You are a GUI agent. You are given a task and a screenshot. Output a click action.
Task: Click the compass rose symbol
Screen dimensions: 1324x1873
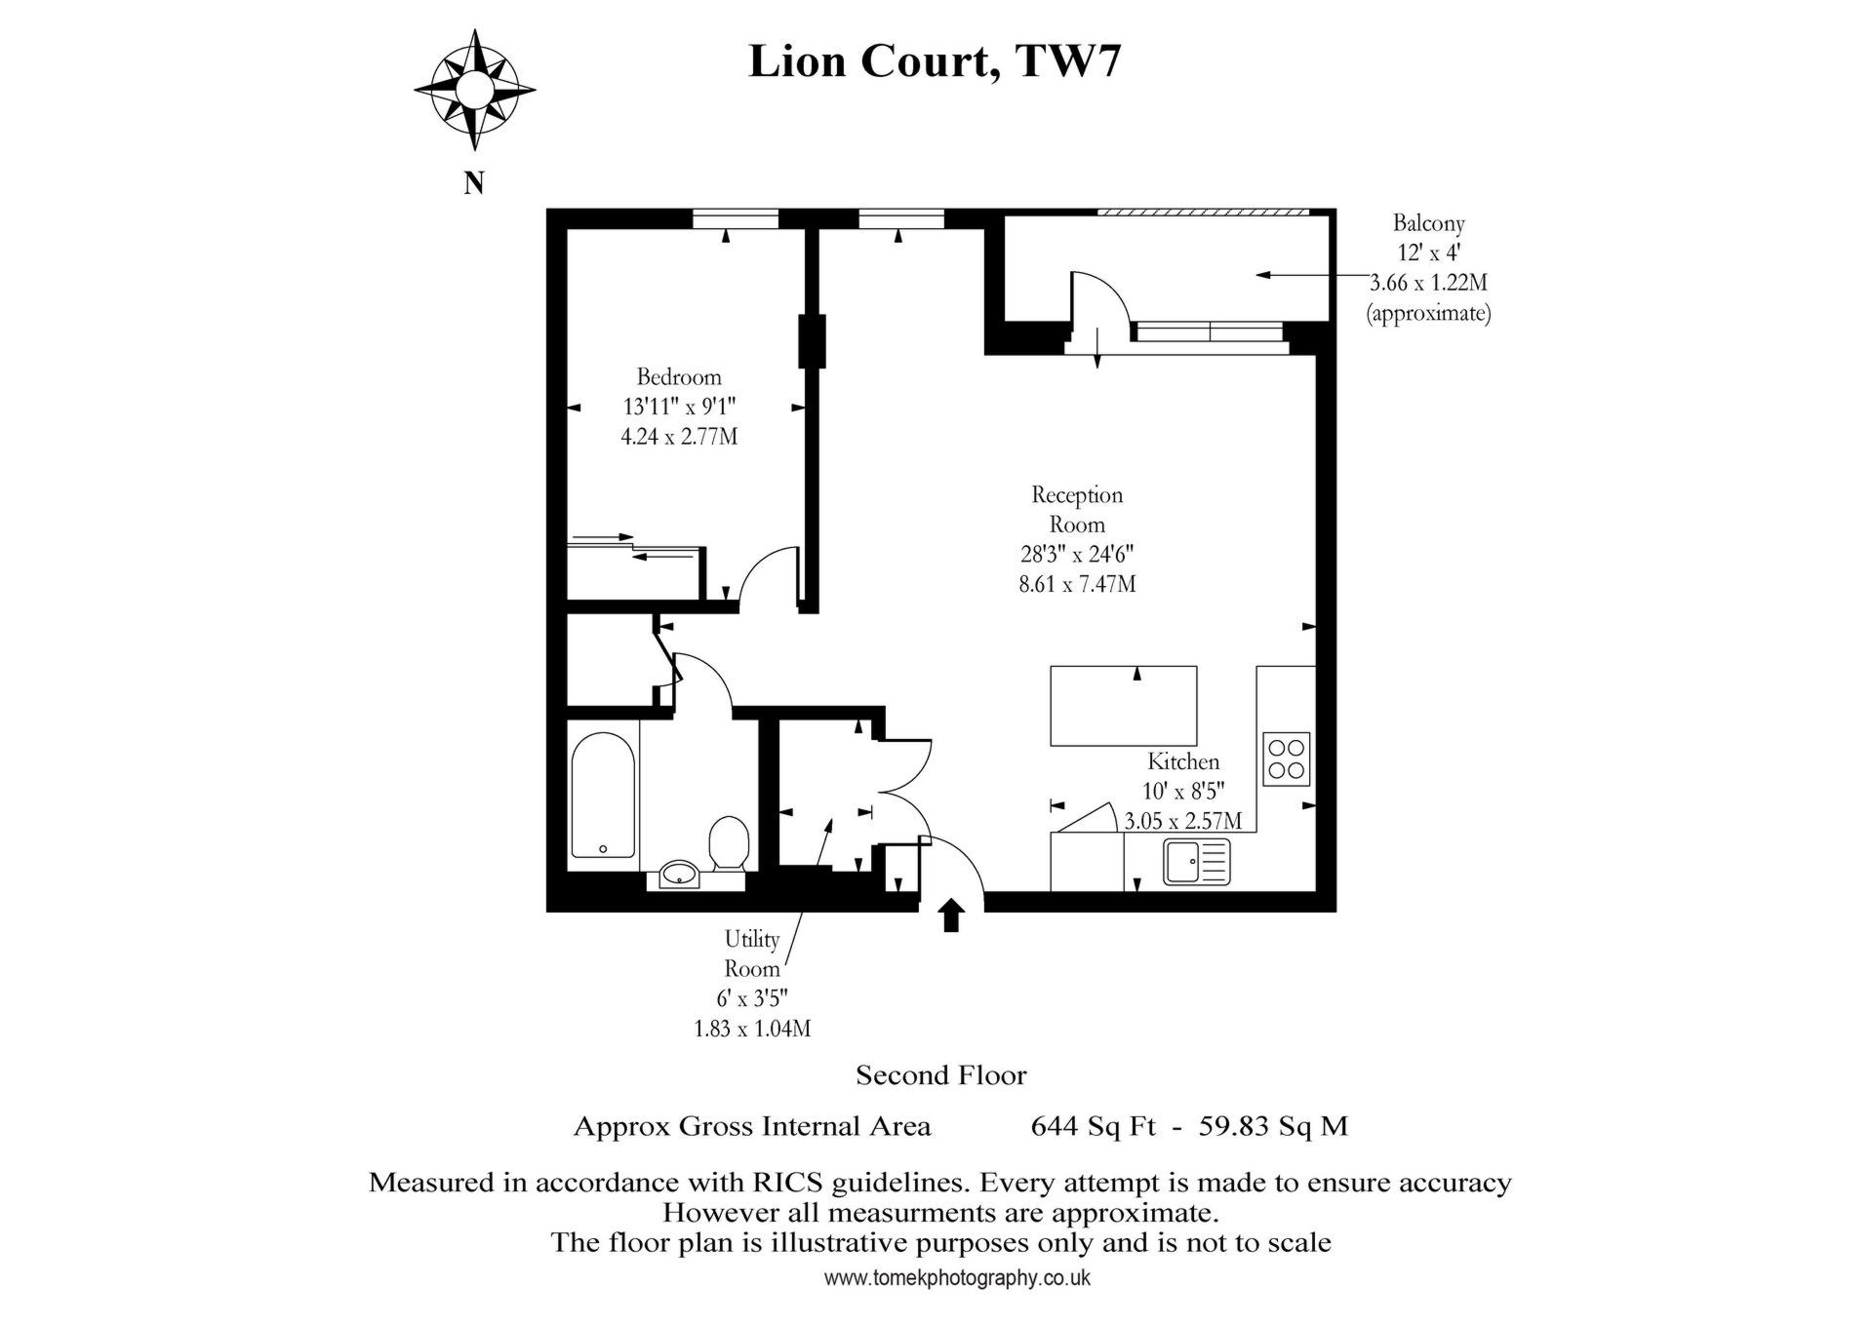(x=474, y=90)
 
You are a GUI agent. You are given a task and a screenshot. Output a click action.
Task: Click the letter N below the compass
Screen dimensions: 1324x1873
(x=474, y=182)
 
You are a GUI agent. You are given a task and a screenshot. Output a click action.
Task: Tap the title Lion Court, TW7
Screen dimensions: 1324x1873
(x=935, y=60)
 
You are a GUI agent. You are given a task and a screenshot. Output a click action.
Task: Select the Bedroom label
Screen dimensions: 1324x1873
(x=679, y=377)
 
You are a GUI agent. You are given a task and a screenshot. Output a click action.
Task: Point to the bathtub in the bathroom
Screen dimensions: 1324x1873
(x=603, y=796)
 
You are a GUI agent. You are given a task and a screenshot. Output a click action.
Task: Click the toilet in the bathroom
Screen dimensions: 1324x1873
(x=729, y=842)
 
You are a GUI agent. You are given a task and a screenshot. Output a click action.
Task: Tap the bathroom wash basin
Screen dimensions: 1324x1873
(x=679, y=874)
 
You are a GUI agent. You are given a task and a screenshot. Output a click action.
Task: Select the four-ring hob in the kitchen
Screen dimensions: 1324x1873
(x=1286, y=759)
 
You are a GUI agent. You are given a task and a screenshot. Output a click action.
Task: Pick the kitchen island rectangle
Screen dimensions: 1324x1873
(x=1124, y=706)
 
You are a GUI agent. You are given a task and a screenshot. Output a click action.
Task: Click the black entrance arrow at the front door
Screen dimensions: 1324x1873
(x=951, y=915)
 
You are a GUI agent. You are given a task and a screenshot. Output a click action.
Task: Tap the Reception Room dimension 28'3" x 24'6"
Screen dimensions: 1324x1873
(x=1077, y=555)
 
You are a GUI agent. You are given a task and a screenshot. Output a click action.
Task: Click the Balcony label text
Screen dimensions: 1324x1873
(x=1428, y=223)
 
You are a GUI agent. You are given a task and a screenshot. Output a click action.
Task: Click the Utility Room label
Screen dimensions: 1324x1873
(x=752, y=954)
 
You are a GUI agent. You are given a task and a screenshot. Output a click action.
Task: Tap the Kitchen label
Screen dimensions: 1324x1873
(x=1182, y=761)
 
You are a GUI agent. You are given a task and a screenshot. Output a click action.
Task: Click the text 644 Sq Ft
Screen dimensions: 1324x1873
(x=1093, y=1126)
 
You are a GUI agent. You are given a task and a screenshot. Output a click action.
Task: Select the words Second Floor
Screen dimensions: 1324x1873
(x=940, y=1075)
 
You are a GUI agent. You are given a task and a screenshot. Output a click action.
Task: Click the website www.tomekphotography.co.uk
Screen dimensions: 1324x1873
(x=957, y=1278)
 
